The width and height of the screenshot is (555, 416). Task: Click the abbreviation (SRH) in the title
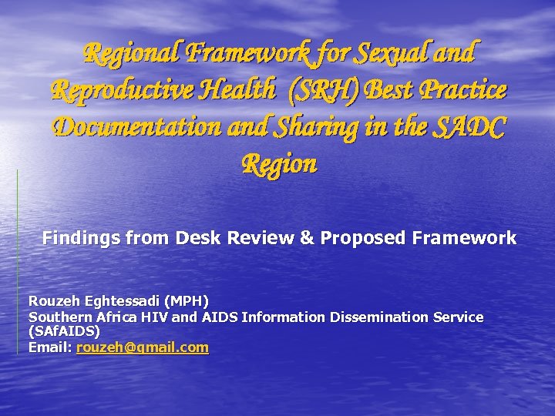point(324,90)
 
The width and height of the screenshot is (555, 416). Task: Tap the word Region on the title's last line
point(279,163)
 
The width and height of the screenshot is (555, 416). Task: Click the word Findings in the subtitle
point(75,238)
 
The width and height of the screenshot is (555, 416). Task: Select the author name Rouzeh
point(53,300)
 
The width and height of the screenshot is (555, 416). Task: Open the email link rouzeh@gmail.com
point(143,347)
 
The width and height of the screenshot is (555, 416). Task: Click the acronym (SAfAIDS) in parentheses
point(64,332)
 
